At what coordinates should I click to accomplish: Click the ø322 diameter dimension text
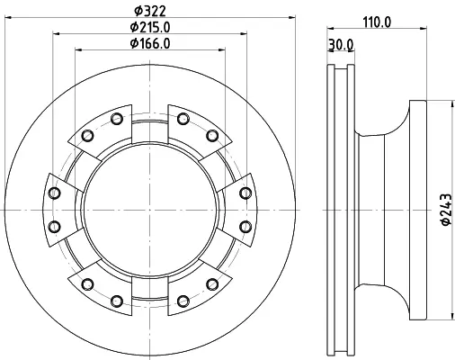[150, 11]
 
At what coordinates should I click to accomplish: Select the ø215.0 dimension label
[150, 27]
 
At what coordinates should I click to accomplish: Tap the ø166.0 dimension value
[150, 43]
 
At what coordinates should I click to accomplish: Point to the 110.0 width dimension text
[377, 22]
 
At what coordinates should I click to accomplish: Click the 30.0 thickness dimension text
[341, 45]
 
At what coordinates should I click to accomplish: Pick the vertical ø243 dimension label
[446, 210]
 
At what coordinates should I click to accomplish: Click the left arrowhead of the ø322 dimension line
[8, 18]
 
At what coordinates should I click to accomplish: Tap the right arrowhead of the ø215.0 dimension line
[244, 34]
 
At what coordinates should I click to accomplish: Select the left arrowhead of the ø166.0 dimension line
[78, 49]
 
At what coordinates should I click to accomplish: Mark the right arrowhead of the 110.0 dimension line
[423, 29]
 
